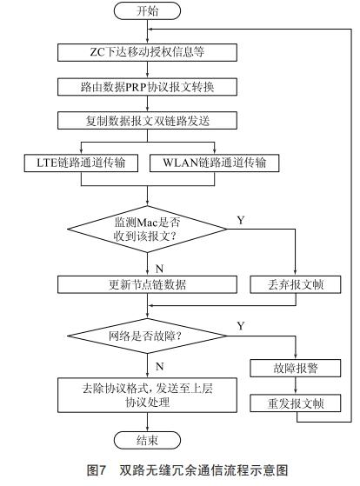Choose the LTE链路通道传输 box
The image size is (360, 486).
pyautogui.click(x=83, y=163)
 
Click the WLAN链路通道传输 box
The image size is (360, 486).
pyautogui.click(x=209, y=163)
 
